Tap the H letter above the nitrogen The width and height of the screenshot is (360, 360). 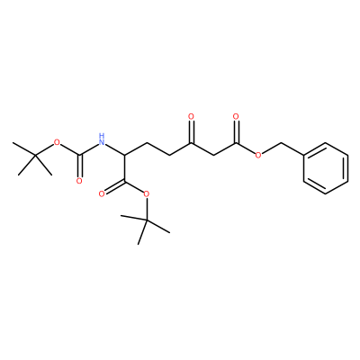[x=102, y=135]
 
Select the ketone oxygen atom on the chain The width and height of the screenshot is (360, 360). [x=192, y=116]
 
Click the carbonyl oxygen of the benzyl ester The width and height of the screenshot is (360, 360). [x=236, y=116]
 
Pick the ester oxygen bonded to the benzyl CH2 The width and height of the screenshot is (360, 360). [x=258, y=155]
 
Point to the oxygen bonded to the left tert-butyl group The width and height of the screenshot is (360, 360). [x=57, y=142]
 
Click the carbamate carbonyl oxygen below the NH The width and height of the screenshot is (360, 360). [x=79, y=181]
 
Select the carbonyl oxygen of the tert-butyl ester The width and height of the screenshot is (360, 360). [x=102, y=193]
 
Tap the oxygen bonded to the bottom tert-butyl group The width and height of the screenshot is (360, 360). [x=147, y=193]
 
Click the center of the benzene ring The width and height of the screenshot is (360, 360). [x=326, y=168]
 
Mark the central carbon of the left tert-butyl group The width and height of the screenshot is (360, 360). [x=35, y=155]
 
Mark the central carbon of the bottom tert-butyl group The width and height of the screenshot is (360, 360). [x=147, y=220]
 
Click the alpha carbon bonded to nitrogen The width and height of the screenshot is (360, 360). [x=124, y=155]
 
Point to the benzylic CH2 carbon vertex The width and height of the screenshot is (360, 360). [x=281, y=142]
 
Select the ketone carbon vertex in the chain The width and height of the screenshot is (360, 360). [x=192, y=142]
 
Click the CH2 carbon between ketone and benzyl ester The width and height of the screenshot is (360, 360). [x=214, y=155]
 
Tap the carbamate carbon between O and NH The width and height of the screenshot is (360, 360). [x=79, y=155]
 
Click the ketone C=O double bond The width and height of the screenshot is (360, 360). [x=192, y=131]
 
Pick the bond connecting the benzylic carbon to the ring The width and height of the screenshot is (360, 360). [x=292, y=148]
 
